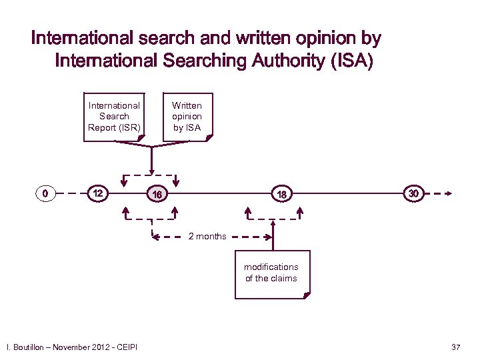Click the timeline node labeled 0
coord(44,194)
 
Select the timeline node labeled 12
coord(97,194)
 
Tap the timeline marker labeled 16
coord(157,195)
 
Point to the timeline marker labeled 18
coord(282,195)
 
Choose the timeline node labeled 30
coord(413,193)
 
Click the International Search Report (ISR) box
coord(114,116)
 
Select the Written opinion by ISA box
coord(187,116)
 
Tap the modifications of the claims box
coord(271,273)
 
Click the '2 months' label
coord(207,237)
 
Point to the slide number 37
coord(456,347)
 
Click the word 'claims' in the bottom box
coord(285,278)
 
